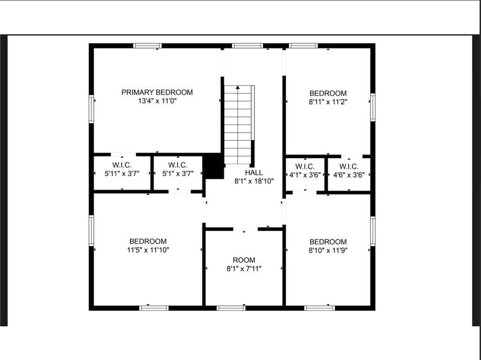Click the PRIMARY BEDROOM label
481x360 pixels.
tap(157, 92)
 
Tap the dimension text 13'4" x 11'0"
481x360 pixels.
tap(157, 101)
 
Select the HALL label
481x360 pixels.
tap(253, 173)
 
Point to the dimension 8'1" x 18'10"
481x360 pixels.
tap(253, 181)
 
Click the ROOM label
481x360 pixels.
tap(244, 261)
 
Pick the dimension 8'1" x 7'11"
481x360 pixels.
tap(244, 269)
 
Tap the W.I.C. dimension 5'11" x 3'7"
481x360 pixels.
tap(122, 174)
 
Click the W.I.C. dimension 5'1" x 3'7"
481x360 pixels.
tap(178, 174)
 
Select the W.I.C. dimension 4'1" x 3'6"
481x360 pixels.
tap(305, 175)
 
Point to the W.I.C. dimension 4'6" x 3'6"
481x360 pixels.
tap(349, 175)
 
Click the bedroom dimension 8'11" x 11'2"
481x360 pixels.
tap(328, 102)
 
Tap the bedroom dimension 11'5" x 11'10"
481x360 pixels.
tap(148, 250)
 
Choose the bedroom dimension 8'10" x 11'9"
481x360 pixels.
tap(328, 250)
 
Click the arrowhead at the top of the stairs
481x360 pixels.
tap(238, 87)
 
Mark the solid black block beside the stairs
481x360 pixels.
tap(214, 166)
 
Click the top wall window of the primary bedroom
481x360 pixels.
tap(147, 46)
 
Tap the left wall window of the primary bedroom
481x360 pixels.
tap(91, 109)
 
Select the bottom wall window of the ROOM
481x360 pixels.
tap(231, 308)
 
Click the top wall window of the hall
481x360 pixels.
tap(247, 46)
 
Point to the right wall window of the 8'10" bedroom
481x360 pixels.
tap(373, 231)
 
